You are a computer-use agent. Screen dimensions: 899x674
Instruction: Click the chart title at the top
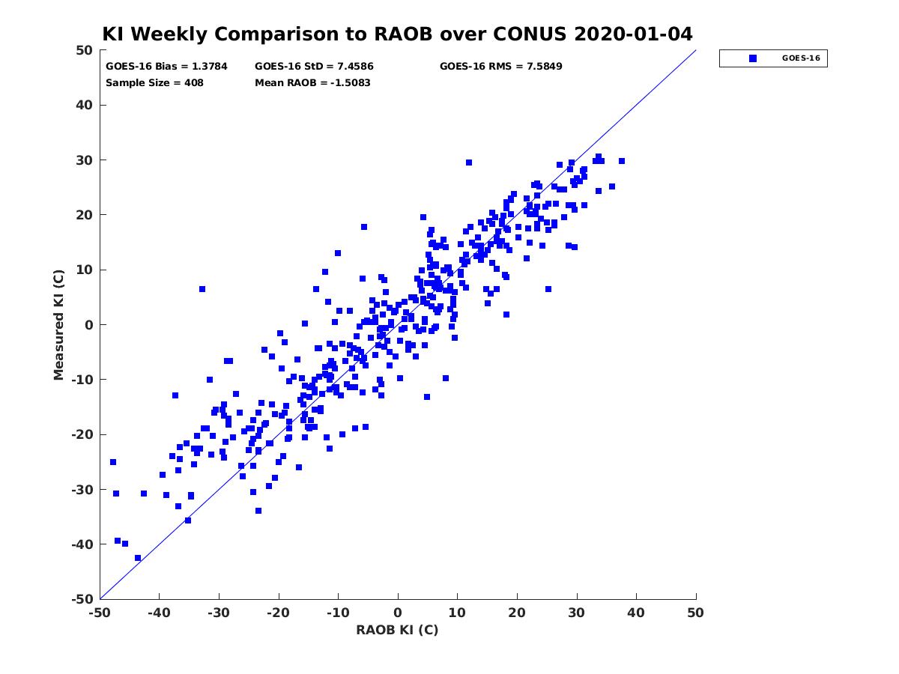[397, 34]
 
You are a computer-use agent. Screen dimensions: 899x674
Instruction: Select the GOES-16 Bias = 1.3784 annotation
[166, 67]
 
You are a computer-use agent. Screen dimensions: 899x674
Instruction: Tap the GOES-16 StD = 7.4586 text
[314, 67]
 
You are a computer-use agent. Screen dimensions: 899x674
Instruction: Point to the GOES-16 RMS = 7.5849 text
[500, 67]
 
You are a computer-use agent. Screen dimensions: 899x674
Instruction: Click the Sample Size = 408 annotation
[154, 83]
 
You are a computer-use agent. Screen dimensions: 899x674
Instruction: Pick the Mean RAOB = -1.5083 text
[312, 83]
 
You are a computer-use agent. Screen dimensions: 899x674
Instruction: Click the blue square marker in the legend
[752, 58]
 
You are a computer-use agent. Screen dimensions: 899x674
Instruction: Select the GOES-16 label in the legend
[801, 58]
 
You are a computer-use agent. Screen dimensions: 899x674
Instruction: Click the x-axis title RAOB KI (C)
[397, 630]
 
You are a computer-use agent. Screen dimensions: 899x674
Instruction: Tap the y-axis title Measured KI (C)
[58, 324]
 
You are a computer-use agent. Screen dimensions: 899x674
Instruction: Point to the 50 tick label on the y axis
[85, 50]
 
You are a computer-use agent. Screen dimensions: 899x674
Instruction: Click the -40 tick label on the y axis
[82, 544]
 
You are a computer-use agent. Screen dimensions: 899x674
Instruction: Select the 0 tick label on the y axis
[89, 325]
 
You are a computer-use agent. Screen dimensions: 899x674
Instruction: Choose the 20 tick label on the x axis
[517, 613]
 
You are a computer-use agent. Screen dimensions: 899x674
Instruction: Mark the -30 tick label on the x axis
[219, 613]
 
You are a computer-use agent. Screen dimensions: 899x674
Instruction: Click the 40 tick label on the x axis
[636, 613]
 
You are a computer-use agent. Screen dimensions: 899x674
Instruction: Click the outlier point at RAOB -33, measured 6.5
[202, 289]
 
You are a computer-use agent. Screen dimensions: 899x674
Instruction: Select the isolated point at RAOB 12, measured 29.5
[468, 163]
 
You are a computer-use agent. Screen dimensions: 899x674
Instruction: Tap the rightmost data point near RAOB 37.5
[621, 161]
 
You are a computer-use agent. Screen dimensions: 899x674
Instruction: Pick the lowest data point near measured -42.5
[138, 558]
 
